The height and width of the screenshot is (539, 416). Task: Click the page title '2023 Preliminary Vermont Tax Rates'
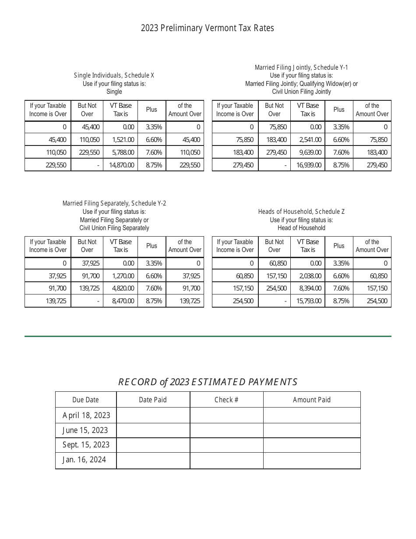tap(207, 28)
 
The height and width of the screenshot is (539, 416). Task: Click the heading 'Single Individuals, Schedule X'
tap(114, 75)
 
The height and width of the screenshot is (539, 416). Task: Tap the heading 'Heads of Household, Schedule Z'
tap(301, 212)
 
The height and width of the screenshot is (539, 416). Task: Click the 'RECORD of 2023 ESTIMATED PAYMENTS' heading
tap(208, 382)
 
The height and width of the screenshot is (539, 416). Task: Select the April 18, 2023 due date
tap(86, 415)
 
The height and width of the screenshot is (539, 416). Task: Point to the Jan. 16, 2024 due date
tap(84, 460)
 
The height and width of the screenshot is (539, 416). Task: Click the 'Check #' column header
tap(226, 400)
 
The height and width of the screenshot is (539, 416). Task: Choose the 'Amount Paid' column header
tap(311, 400)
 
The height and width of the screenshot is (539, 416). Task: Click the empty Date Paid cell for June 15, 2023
tap(153, 430)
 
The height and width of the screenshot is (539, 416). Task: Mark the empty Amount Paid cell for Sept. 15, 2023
tap(311, 445)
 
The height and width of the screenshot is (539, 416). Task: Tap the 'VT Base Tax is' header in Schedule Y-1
tap(307, 110)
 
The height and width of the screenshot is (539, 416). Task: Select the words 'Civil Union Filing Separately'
tap(114, 228)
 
